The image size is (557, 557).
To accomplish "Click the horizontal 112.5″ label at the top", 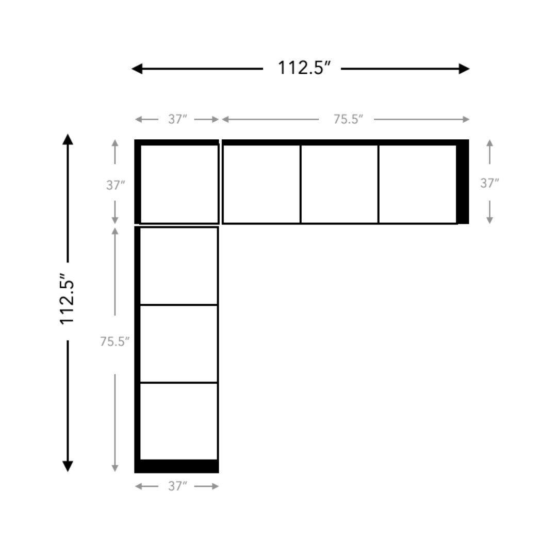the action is pyautogui.click(x=304, y=68).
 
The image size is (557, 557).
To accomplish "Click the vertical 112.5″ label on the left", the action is pyautogui.click(x=67, y=299).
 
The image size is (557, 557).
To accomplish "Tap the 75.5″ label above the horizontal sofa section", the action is pyautogui.click(x=348, y=119).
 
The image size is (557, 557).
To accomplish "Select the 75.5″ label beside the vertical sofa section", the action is pyautogui.click(x=114, y=341).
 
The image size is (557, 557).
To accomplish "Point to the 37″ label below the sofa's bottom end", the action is pyautogui.click(x=177, y=486).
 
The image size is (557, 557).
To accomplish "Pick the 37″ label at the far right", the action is pyautogui.click(x=489, y=183).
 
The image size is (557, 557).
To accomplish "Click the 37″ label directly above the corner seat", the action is pyautogui.click(x=177, y=119).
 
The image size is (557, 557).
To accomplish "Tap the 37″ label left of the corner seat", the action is pyautogui.click(x=116, y=185).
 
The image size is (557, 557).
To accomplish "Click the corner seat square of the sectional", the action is pyautogui.click(x=179, y=184).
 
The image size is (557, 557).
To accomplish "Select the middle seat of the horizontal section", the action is pyautogui.click(x=339, y=184).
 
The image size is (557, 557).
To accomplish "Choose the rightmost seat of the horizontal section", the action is pyautogui.click(x=418, y=184).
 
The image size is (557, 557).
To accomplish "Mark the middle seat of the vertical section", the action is pyautogui.click(x=178, y=343).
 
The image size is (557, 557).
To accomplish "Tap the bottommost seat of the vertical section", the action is pyautogui.click(x=178, y=421).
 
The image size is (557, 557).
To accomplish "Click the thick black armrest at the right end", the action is pyautogui.click(x=463, y=182).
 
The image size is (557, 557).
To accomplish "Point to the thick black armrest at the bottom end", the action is pyautogui.click(x=176, y=466).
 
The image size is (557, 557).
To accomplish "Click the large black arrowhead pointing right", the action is pyautogui.click(x=464, y=69).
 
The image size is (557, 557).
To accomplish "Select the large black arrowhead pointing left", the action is pyautogui.click(x=137, y=69).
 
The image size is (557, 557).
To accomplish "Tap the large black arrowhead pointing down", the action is pyautogui.click(x=68, y=466).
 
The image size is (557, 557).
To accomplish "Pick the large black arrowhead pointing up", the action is pyautogui.click(x=68, y=139).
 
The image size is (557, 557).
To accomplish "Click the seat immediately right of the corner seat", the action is pyautogui.click(x=262, y=184).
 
